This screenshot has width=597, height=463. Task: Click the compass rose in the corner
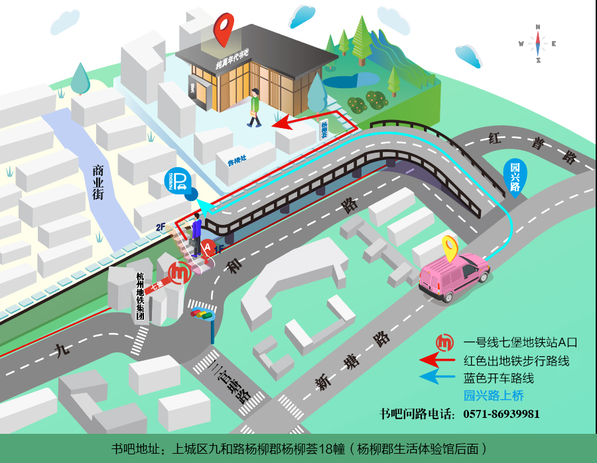pyautogui.click(x=539, y=44)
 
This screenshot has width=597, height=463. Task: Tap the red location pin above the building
pyautogui.click(x=224, y=29)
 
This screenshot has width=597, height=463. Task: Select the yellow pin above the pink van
pyautogui.click(x=451, y=247)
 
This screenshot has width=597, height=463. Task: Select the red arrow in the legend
pyautogui.click(x=438, y=361)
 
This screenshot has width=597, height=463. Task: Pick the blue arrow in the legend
pyautogui.click(x=438, y=378)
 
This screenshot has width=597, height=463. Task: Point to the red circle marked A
pyautogui.click(x=208, y=247)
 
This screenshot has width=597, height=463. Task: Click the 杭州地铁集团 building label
pyautogui.click(x=140, y=297)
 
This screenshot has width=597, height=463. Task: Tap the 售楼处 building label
pyautogui.click(x=237, y=161)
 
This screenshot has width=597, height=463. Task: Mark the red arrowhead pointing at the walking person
pyautogui.click(x=281, y=122)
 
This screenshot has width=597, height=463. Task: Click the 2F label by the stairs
pyautogui.click(x=161, y=227)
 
